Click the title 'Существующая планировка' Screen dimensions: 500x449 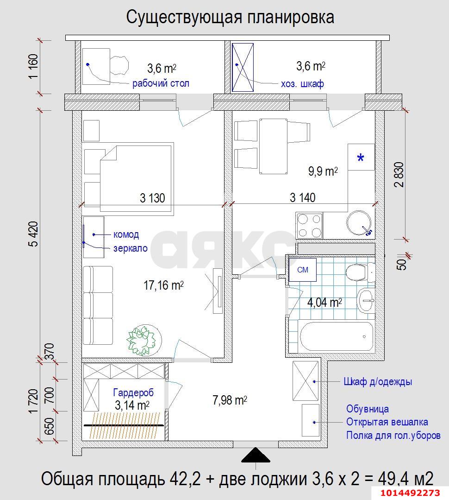coord(230,17)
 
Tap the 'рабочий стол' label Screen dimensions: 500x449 coord(161,84)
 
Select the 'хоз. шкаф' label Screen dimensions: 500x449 coord(302,84)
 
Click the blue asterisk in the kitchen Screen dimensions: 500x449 coord(361,158)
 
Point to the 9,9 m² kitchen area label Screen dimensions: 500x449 coord(323,171)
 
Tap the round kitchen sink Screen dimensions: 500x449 coord(360,224)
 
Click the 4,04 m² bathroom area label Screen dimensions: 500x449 coord(324,303)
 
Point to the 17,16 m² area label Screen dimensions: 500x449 coord(163,286)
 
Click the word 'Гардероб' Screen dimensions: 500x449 coord(133,393)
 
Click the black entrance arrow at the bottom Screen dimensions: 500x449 coord(256,456)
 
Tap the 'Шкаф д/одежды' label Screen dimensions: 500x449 coord(377,382)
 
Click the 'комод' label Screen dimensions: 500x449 coord(126,234)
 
